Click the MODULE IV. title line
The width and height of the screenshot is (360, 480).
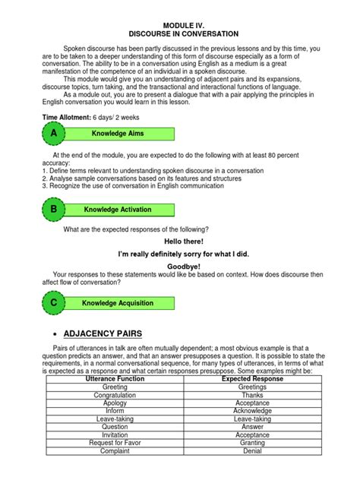tap(179, 25)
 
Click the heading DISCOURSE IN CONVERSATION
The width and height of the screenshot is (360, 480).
tap(179, 34)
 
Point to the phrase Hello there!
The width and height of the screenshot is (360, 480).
tap(179, 241)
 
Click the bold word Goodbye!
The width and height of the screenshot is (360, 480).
tap(179, 267)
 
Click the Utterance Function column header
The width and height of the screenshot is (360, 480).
tap(115, 378)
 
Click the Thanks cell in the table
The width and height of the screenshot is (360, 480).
tap(251, 395)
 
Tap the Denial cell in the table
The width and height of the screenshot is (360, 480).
tap(251, 451)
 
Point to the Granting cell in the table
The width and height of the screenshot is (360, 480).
tap(251, 443)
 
